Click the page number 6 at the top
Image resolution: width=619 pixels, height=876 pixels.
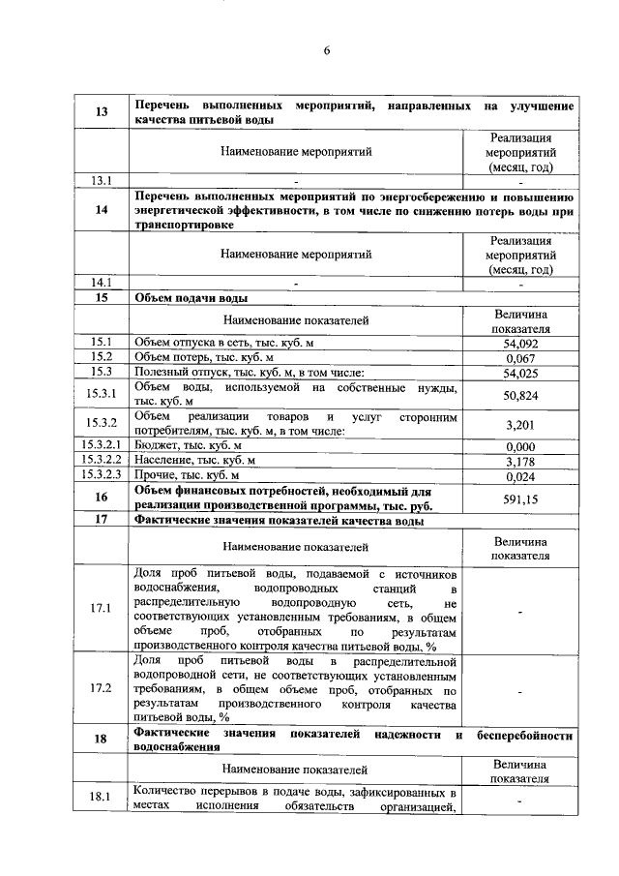(x=327, y=52)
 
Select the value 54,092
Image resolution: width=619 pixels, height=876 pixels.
(x=521, y=343)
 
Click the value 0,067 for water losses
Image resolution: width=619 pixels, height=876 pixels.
(x=521, y=358)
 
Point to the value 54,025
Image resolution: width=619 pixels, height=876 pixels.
(x=521, y=374)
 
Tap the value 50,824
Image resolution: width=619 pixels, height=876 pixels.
(x=521, y=395)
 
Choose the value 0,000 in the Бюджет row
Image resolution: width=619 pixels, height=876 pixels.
(x=521, y=445)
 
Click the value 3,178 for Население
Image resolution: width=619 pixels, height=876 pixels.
(x=521, y=461)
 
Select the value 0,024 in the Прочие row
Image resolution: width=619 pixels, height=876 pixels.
(x=521, y=476)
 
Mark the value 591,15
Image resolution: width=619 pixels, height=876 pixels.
(x=521, y=498)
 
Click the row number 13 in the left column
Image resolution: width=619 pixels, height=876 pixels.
(x=102, y=112)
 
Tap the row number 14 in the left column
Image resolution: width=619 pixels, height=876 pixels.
(x=102, y=211)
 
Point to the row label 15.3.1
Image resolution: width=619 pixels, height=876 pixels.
(x=102, y=395)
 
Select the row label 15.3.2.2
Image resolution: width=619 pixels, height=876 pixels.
(x=102, y=461)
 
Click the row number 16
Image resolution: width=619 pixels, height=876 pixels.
(x=102, y=498)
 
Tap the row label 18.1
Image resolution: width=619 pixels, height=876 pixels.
(x=102, y=797)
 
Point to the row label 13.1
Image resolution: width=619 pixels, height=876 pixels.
(x=102, y=180)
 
